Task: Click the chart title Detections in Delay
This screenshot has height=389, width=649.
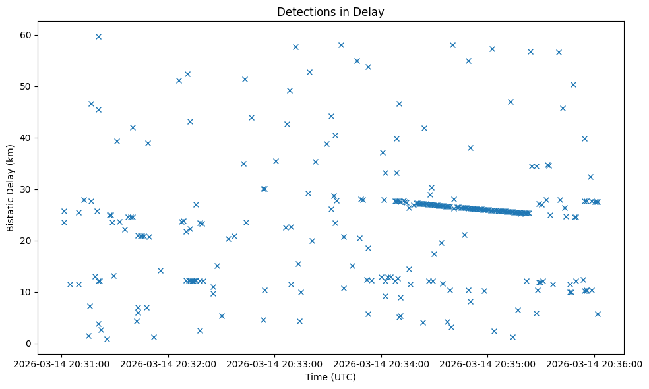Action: pos(330,12)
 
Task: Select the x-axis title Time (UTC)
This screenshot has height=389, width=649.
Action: pos(330,377)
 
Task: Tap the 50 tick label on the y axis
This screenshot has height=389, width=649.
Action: pos(28,86)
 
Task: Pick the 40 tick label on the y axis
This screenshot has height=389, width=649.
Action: pos(28,138)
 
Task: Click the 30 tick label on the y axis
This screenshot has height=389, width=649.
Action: pos(28,189)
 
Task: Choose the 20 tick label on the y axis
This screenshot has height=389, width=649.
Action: pos(28,241)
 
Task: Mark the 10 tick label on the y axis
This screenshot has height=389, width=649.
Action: pos(28,292)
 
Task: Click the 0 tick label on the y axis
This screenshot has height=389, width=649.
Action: pos(31,344)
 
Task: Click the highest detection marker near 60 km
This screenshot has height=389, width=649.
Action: pos(98,36)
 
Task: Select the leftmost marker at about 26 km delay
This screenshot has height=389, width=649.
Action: pos(64,211)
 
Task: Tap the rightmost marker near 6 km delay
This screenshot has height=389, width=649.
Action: pos(598,314)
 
